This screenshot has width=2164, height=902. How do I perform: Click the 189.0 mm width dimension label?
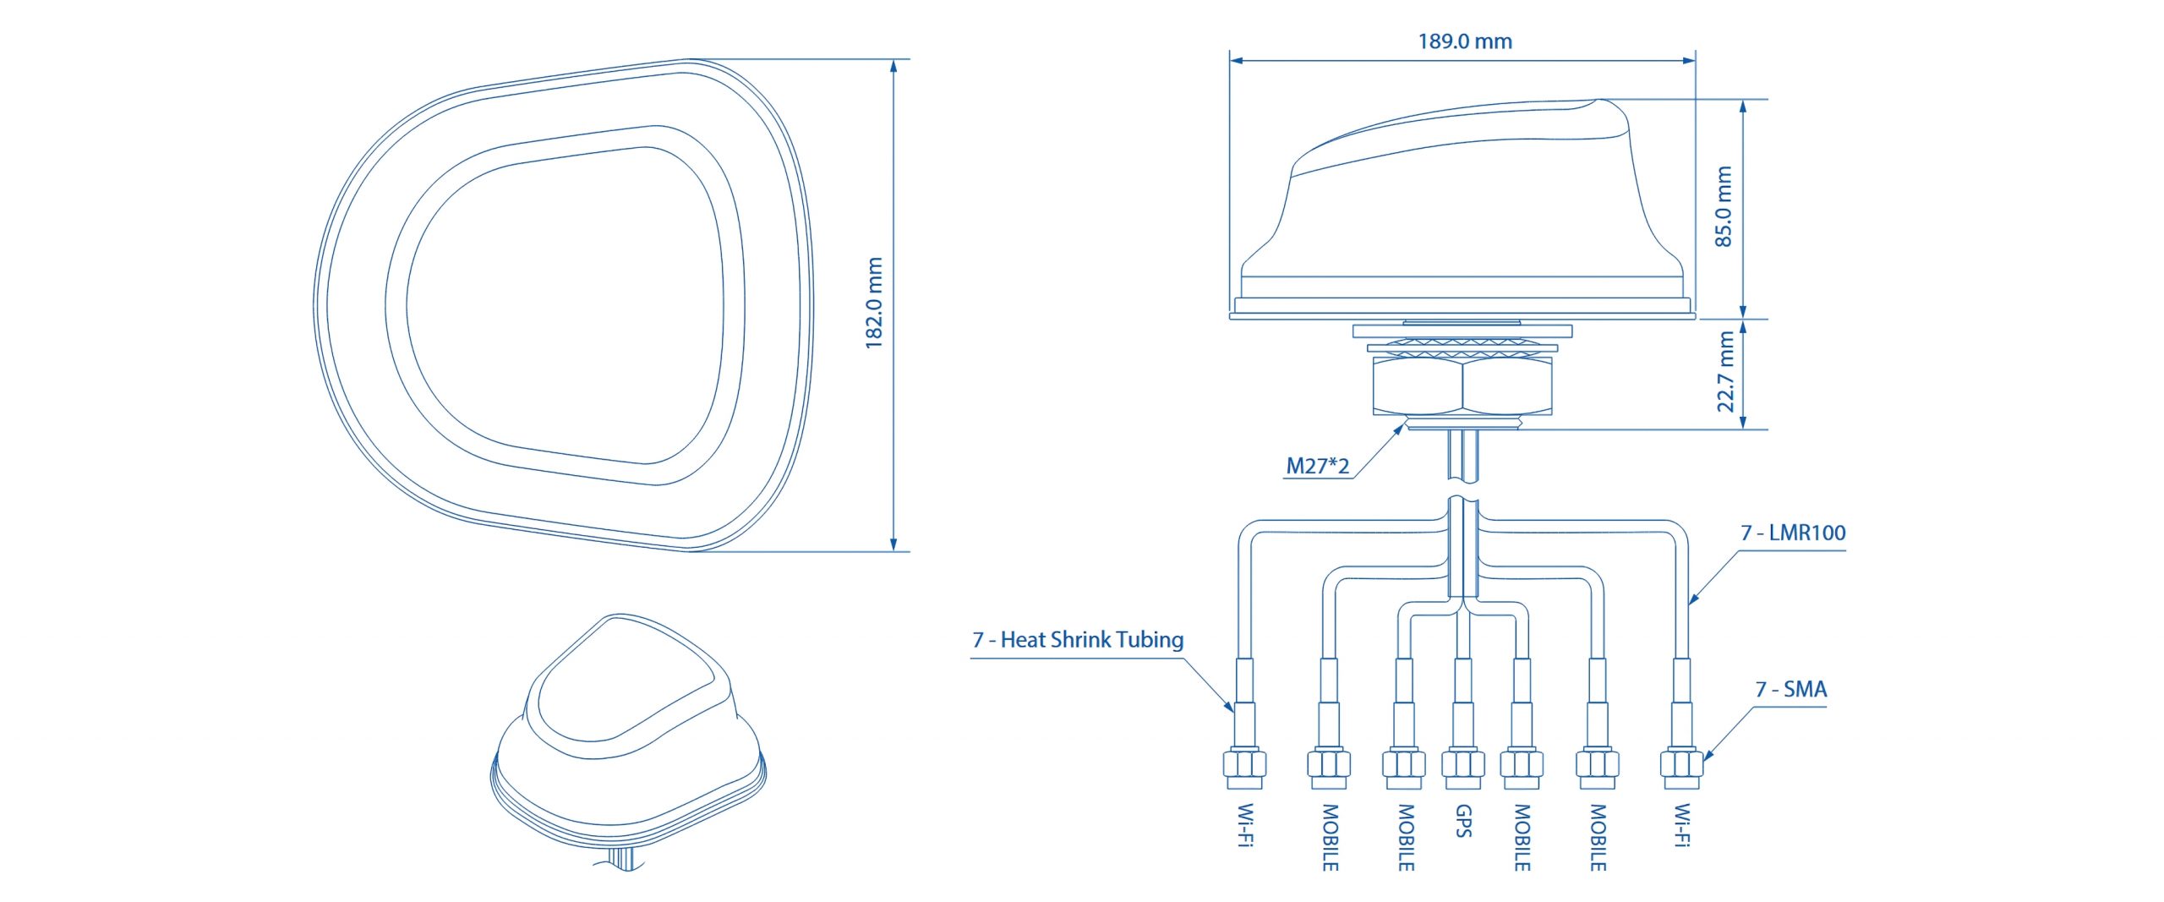(1464, 41)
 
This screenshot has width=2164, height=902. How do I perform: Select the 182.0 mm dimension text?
(874, 303)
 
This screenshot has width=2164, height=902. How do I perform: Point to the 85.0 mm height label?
(1724, 206)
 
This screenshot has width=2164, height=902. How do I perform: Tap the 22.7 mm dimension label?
(1725, 371)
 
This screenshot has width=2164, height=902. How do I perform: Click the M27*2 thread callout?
(1317, 466)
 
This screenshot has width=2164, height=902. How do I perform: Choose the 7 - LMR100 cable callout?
(1792, 533)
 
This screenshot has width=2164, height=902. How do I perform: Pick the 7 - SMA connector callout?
(1790, 690)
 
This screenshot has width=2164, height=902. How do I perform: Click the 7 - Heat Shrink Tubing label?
(1077, 640)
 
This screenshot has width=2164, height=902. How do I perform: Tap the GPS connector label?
(1463, 821)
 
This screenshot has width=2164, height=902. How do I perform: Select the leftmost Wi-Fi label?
(1245, 824)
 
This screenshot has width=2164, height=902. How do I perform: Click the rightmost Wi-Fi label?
(1682, 824)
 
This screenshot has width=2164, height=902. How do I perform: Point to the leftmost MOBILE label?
(1330, 837)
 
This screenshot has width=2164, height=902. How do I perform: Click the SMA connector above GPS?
(1463, 765)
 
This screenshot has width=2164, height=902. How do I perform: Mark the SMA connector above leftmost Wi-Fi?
(1244, 765)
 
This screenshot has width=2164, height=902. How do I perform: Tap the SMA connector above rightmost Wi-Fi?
(1681, 765)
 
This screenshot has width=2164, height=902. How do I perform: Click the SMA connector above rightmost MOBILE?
(1597, 765)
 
